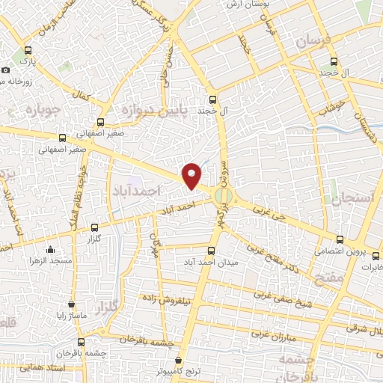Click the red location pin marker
(192, 175)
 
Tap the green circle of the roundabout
(223, 196)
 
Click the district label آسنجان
(345, 198)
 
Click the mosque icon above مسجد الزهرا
(50, 251)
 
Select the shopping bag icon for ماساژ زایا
(71, 304)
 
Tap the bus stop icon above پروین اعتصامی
(341, 240)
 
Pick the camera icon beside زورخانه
(6, 70)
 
